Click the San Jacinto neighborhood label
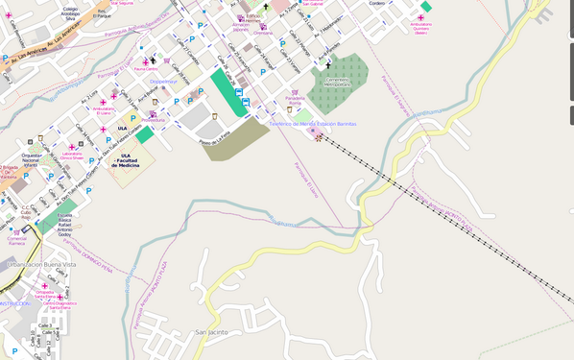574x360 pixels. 211,332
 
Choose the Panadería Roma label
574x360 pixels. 295,100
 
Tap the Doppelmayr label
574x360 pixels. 164,82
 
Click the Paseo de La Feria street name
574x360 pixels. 215,140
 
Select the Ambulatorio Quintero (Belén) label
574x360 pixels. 420,27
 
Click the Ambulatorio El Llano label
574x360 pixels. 104,110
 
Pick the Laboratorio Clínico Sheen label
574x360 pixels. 72,156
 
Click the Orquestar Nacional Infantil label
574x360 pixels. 32,159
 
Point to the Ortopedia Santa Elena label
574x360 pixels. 44,294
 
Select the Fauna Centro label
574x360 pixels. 146,69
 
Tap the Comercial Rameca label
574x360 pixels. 16,240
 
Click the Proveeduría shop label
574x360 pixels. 154,120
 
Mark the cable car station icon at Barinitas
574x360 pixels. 312,132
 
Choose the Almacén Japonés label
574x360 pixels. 241,27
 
